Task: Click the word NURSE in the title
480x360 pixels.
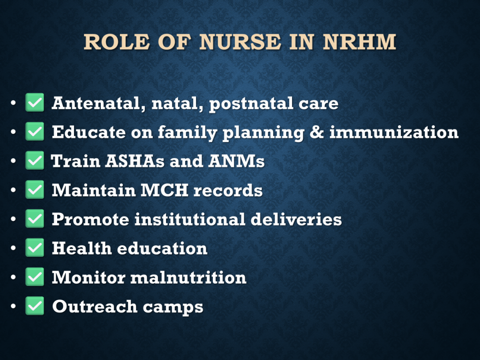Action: (x=240, y=42)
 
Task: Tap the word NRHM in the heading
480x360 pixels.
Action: (x=360, y=42)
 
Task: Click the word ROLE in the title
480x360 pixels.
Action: (x=117, y=42)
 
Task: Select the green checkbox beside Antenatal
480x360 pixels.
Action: (x=35, y=102)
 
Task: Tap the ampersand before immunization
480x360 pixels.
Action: (x=316, y=132)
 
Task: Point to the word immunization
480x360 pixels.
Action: (x=394, y=132)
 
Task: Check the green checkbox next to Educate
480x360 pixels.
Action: (x=35, y=131)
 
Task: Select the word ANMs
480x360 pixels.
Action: (x=236, y=161)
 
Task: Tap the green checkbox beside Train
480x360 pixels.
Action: (x=35, y=160)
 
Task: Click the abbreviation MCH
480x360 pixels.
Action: (x=165, y=190)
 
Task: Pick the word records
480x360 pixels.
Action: (x=228, y=190)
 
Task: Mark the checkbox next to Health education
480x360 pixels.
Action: (x=35, y=247)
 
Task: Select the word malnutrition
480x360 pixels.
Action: (x=188, y=277)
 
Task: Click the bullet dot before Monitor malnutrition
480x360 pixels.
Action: (x=13, y=277)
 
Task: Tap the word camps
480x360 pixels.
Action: (x=173, y=307)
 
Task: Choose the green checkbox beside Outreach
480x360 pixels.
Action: (x=35, y=306)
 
